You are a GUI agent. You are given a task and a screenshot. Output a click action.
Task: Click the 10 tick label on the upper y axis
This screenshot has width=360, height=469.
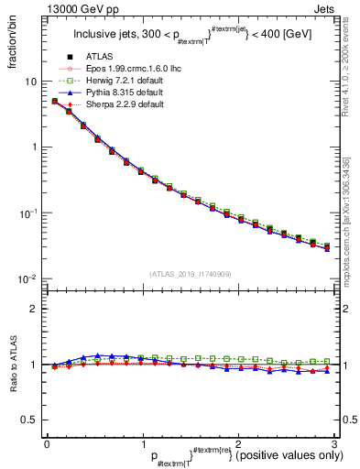coord(29,82)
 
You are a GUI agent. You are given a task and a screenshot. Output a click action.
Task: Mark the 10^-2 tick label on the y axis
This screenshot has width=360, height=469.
coord(27,278)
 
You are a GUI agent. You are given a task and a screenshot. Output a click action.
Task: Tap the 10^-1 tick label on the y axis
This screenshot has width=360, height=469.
coord(27,213)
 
